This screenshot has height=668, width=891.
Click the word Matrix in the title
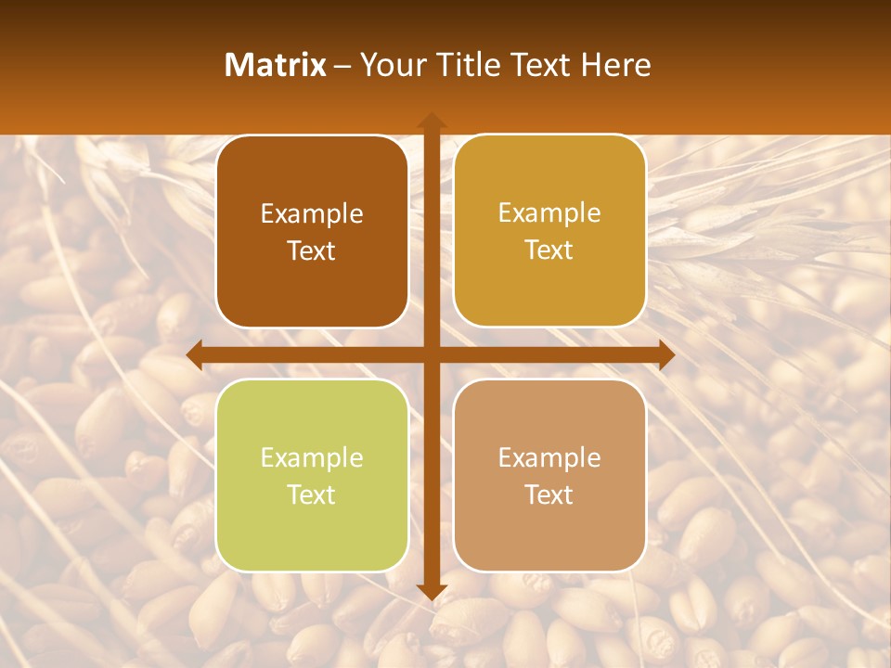pos(275,65)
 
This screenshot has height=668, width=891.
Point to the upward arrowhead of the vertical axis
pos(431,121)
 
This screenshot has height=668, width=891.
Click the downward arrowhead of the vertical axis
pos(431,591)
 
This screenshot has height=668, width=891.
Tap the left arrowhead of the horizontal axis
pos(194,355)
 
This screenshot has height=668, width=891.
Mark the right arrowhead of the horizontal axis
pos(666,355)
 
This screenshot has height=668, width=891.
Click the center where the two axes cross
pos(431,355)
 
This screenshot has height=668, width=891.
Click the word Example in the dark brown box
pos(312,213)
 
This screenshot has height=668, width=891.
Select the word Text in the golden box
pos(549,250)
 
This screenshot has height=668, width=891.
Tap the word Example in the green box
pos(312,457)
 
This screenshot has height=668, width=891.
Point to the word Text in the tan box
pos(549,495)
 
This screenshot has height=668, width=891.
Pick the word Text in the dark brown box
pos(312,250)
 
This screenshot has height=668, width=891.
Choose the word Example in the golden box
pos(549,212)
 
